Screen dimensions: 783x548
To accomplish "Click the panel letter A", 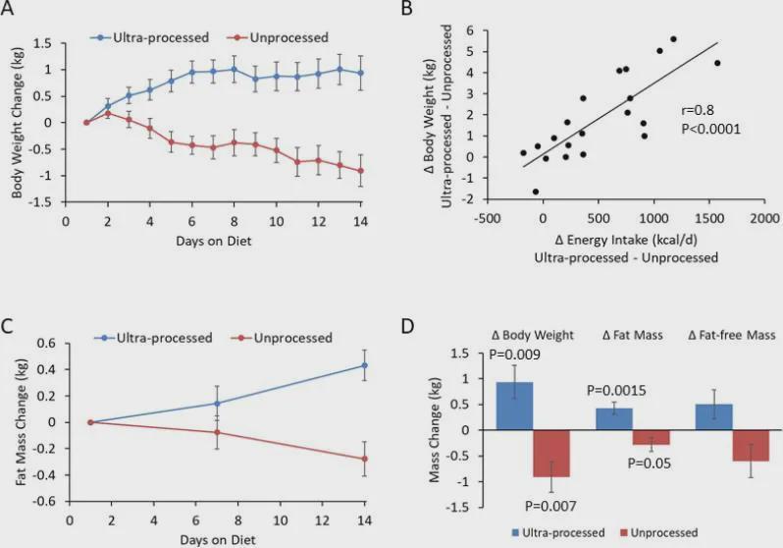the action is click(7, 9).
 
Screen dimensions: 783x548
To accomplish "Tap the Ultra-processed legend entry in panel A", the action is click(149, 37).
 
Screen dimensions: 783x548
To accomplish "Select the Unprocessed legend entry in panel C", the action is click(282, 338).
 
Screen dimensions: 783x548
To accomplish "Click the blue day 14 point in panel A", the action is click(360, 73).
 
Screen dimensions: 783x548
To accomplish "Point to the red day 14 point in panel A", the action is click(360, 171).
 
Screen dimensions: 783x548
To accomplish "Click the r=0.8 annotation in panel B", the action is click(698, 111).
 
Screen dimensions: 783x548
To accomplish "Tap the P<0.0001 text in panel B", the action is click(711, 129).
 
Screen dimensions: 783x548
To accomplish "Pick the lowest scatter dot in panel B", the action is click(536, 192).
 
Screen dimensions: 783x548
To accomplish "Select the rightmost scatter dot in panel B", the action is click(717, 63).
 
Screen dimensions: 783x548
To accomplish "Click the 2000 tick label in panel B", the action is click(764, 218).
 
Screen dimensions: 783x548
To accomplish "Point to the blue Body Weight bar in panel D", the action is click(514, 406).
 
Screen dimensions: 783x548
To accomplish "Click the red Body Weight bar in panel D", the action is click(551, 454).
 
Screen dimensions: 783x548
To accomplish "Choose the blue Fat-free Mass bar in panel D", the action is click(714, 417).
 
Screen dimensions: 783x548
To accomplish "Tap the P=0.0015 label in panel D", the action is click(616, 391).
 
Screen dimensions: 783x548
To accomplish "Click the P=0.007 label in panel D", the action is click(550, 507).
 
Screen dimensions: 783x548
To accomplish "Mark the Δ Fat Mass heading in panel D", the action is click(633, 335).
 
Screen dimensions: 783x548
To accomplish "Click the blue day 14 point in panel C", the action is click(365, 365).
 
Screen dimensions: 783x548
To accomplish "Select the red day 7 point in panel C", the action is click(217, 432).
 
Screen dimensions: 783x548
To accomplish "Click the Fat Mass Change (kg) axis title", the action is click(22, 422).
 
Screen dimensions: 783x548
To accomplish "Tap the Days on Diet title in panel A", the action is click(214, 241).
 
